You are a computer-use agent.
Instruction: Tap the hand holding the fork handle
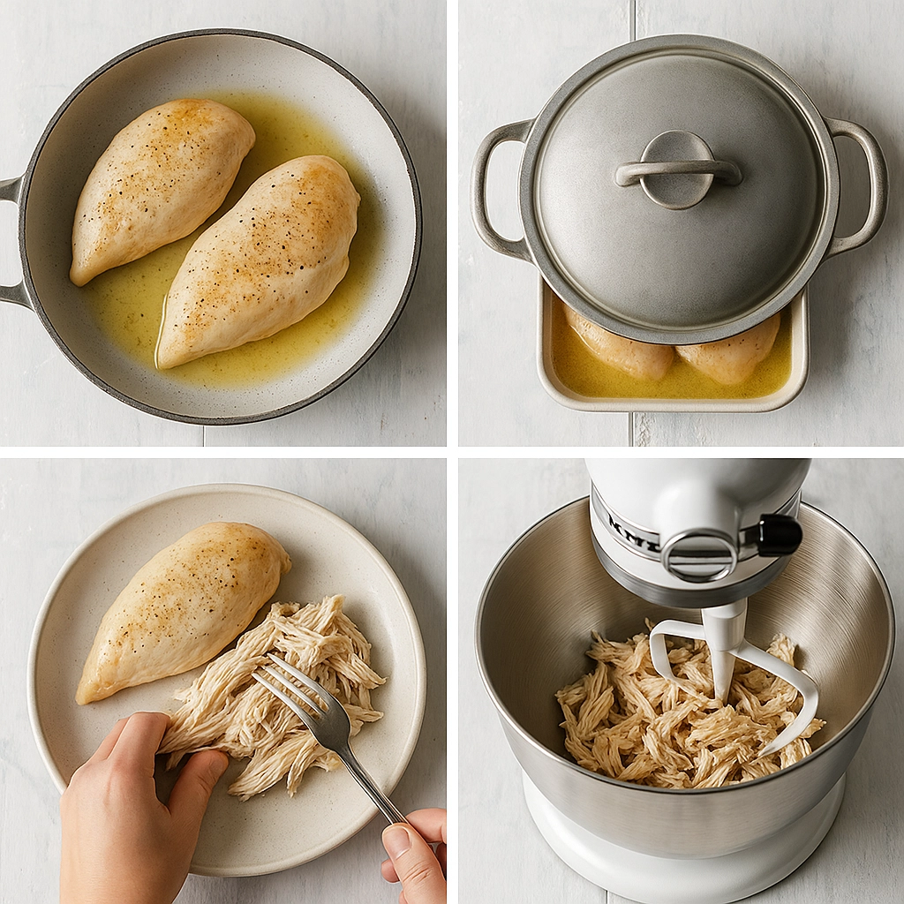coord(415,852)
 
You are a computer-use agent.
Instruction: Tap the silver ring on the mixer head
coord(699,555)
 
